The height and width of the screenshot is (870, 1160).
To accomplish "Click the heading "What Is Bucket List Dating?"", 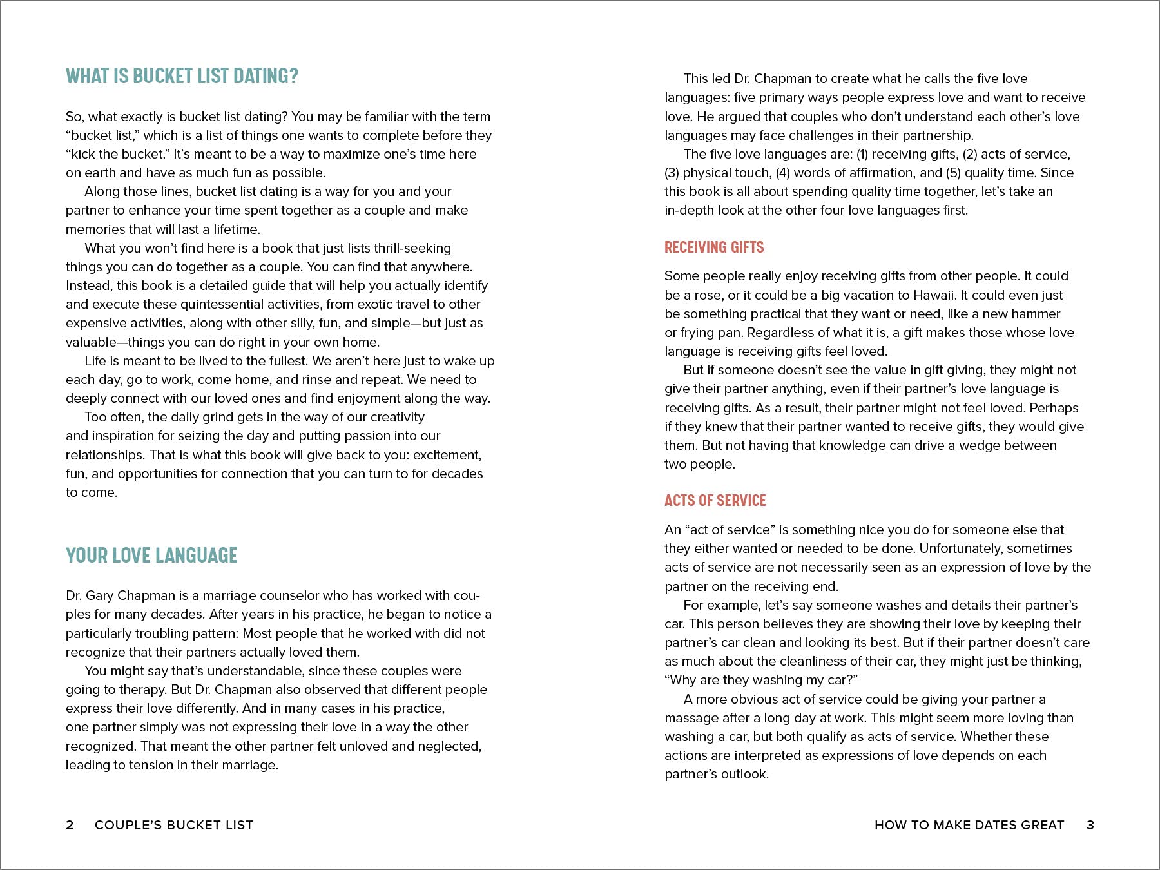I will point(182,76).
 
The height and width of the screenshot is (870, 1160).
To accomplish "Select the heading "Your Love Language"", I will point(151,556).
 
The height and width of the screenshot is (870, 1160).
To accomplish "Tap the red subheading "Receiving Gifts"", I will point(714,247).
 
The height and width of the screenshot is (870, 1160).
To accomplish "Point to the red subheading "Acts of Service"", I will point(715,501).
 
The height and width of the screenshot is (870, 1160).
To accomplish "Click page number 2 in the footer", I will point(70,825).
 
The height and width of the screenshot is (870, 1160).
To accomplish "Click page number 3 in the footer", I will point(1090,825).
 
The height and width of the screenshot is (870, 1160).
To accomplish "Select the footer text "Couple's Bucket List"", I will point(174,825).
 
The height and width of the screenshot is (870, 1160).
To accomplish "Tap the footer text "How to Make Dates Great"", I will point(969,825).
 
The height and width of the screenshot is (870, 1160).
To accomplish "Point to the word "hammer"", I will point(1036,314).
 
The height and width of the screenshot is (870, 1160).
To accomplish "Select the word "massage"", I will point(691,718).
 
